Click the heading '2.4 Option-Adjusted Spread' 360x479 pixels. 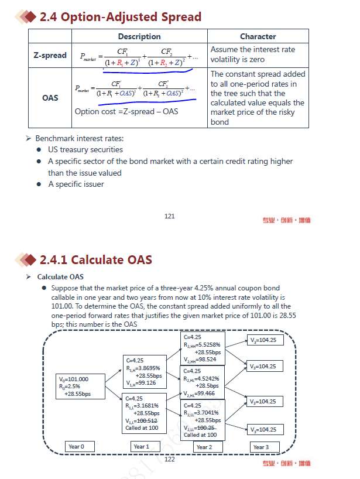(120, 17)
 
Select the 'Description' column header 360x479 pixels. (139, 36)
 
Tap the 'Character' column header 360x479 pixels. (258, 36)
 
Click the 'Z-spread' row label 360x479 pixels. (50, 56)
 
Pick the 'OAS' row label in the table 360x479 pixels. (50, 98)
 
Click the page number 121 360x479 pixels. (169, 216)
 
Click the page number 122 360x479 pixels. (169, 459)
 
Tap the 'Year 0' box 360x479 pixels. (81, 447)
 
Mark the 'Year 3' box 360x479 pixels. (261, 447)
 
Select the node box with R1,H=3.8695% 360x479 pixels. (145, 371)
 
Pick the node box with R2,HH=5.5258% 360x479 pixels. (202, 348)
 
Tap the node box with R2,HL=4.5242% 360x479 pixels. (202, 381)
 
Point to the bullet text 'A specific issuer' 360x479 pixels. (76, 184)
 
